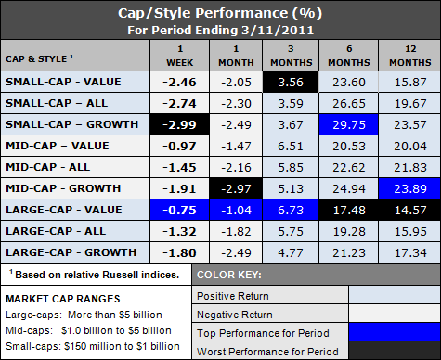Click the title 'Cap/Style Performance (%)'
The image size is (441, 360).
click(220, 14)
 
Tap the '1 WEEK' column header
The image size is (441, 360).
click(182, 51)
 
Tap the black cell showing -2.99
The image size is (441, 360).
click(182, 124)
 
